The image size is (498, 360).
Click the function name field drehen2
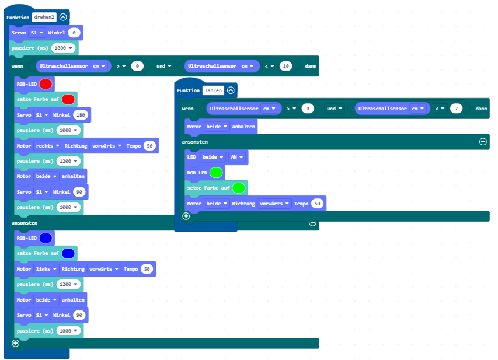pyautogui.click(x=44, y=17)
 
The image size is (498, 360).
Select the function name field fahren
pyautogui.click(x=213, y=90)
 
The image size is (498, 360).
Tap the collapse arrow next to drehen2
pyautogui.click(x=63, y=17)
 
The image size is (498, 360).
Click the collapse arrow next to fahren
pyautogui.click(x=231, y=90)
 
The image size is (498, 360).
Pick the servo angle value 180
pyautogui.click(x=81, y=115)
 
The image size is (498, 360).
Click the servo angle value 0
pyautogui.click(x=75, y=33)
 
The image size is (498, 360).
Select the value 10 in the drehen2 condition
pyautogui.click(x=285, y=67)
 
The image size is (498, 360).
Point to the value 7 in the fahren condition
pyautogui.click(x=456, y=109)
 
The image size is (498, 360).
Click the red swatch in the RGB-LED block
pyautogui.click(x=46, y=84)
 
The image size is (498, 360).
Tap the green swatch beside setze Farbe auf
pyautogui.click(x=238, y=188)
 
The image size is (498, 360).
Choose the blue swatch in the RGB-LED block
pyautogui.click(x=46, y=238)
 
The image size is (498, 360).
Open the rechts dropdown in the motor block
pyautogui.click(x=47, y=146)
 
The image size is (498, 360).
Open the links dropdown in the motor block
pyautogui.click(x=46, y=269)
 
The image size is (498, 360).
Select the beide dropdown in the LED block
pyautogui.click(x=212, y=158)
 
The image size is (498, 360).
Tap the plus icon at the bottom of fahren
pyautogui.click(x=186, y=216)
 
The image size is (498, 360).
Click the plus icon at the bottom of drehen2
pyautogui.click(x=16, y=343)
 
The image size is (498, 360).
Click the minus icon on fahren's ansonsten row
pyautogui.click(x=483, y=142)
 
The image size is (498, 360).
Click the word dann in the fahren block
pyautogui.click(x=482, y=109)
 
